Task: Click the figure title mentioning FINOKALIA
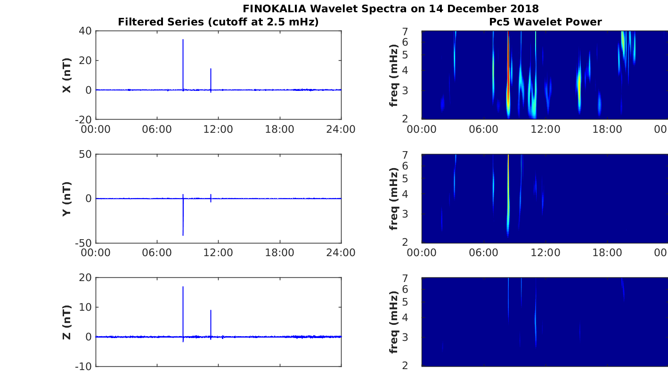click(x=391, y=8)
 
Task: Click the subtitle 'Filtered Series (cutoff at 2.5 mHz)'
click(x=218, y=22)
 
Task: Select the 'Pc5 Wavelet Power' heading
click(x=545, y=22)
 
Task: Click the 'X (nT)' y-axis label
click(x=67, y=75)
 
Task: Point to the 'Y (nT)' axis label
click(x=67, y=199)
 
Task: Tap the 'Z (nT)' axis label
click(x=67, y=322)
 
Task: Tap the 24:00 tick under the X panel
click(x=341, y=129)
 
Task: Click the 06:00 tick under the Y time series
click(x=157, y=252)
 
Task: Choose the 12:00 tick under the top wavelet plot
click(x=546, y=129)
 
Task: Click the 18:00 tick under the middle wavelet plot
click(x=607, y=252)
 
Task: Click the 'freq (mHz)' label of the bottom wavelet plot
click(x=393, y=322)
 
